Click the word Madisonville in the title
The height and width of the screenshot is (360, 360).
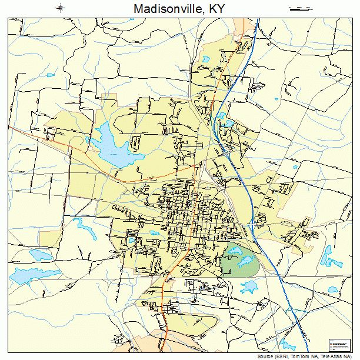point(162,9)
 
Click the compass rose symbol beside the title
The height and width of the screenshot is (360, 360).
point(61,8)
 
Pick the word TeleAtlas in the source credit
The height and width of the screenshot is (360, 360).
point(336,356)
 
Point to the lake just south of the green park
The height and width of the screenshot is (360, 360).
point(250,287)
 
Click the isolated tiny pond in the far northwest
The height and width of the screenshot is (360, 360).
point(51,75)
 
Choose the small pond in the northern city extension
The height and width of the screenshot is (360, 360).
point(206,59)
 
